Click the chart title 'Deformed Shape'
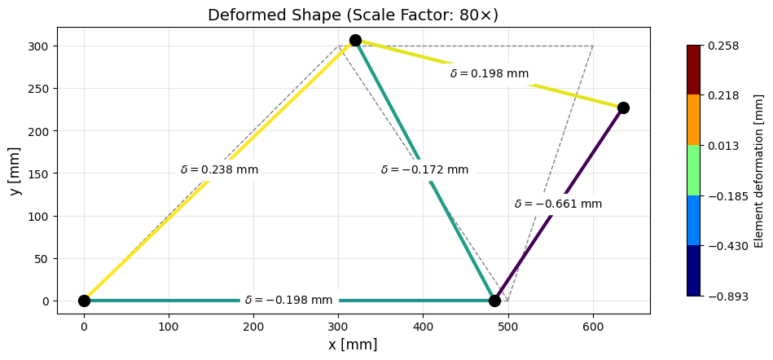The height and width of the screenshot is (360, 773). (353, 15)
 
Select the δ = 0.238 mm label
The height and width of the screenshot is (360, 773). (219, 170)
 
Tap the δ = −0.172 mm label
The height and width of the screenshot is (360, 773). (424, 170)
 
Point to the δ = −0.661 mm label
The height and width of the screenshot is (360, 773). (558, 204)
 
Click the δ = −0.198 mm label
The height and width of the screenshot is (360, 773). (289, 301)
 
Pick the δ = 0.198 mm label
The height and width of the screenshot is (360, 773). (489, 74)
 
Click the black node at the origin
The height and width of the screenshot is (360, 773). (84, 301)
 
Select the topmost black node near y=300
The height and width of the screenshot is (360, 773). (355, 40)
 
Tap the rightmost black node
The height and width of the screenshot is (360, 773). (623, 108)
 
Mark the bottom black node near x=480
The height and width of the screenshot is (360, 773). (494, 301)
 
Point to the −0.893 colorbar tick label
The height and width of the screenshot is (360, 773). (724, 296)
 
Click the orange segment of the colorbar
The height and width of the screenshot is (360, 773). (693, 120)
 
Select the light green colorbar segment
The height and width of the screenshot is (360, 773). (693, 170)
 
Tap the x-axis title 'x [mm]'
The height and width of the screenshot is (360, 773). (353, 345)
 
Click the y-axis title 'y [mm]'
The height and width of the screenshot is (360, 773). (15, 170)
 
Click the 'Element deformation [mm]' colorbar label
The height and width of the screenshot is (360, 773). (759, 170)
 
